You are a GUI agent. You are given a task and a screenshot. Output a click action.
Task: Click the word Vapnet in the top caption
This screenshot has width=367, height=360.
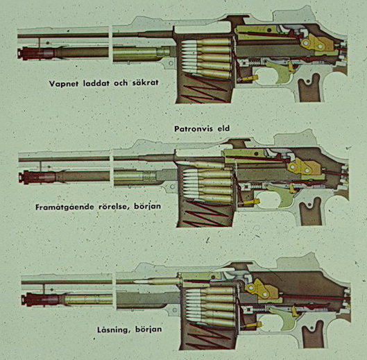64,83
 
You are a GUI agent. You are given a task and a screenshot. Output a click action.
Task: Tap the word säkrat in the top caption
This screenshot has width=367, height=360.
145,83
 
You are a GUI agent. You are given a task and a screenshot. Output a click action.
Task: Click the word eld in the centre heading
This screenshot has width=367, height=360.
223,128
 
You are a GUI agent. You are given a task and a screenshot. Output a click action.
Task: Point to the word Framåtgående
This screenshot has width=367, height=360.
64,207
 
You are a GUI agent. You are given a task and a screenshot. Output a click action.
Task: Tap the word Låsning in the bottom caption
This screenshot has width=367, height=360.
114,329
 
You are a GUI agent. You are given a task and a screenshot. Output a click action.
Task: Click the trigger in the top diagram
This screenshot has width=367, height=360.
280,71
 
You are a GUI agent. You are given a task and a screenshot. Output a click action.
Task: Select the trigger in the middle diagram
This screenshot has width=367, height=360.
281,195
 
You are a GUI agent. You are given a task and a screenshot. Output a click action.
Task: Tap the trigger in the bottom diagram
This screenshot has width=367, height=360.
283,319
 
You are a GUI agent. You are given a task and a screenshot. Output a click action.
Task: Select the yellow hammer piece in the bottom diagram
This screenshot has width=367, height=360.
263,289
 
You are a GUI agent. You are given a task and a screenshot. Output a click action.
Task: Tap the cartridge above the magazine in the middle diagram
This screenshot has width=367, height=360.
200,164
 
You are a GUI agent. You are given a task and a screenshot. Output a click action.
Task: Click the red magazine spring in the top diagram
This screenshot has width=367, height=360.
205,88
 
